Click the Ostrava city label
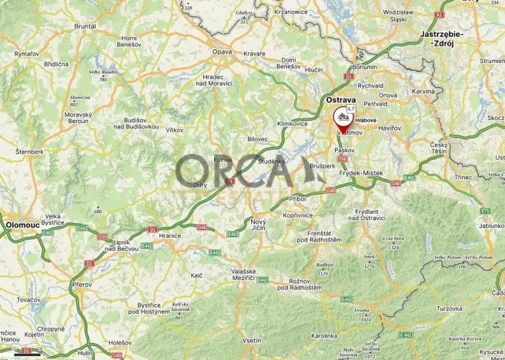click(x=340, y=101)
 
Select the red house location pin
click(x=340, y=118)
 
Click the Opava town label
click(x=222, y=52)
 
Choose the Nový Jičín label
click(x=259, y=225)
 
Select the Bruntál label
click(x=85, y=25)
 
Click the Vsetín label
click(x=252, y=340)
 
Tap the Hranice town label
click(x=169, y=235)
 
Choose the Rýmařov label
click(x=27, y=53)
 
